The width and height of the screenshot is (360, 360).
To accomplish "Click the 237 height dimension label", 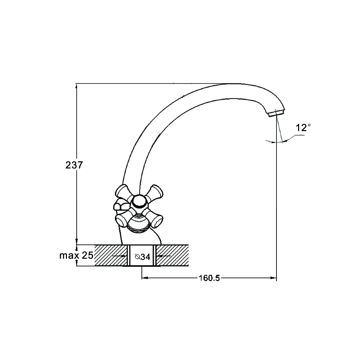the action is click(x=74, y=165).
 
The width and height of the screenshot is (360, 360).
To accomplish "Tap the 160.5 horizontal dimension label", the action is click(x=209, y=278).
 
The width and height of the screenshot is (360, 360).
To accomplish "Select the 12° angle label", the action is click(x=303, y=127).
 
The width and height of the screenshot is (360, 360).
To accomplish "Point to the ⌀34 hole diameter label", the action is click(x=143, y=257).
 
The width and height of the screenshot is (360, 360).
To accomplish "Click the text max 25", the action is click(x=76, y=255).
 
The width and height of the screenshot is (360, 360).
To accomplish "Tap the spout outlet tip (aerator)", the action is click(x=276, y=113).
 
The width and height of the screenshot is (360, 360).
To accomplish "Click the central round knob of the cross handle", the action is click(x=139, y=202).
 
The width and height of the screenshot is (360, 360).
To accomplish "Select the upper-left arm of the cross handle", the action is click(x=123, y=192).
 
